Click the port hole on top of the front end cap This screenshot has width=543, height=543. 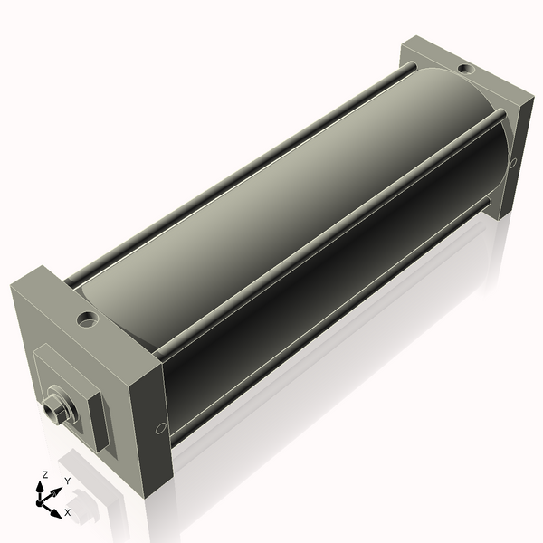[87, 319]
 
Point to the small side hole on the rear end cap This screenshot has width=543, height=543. [513, 163]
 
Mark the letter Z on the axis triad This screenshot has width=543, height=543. [44, 474]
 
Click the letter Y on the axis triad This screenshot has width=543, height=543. [67, 481]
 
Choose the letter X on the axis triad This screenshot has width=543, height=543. [67, 512]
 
